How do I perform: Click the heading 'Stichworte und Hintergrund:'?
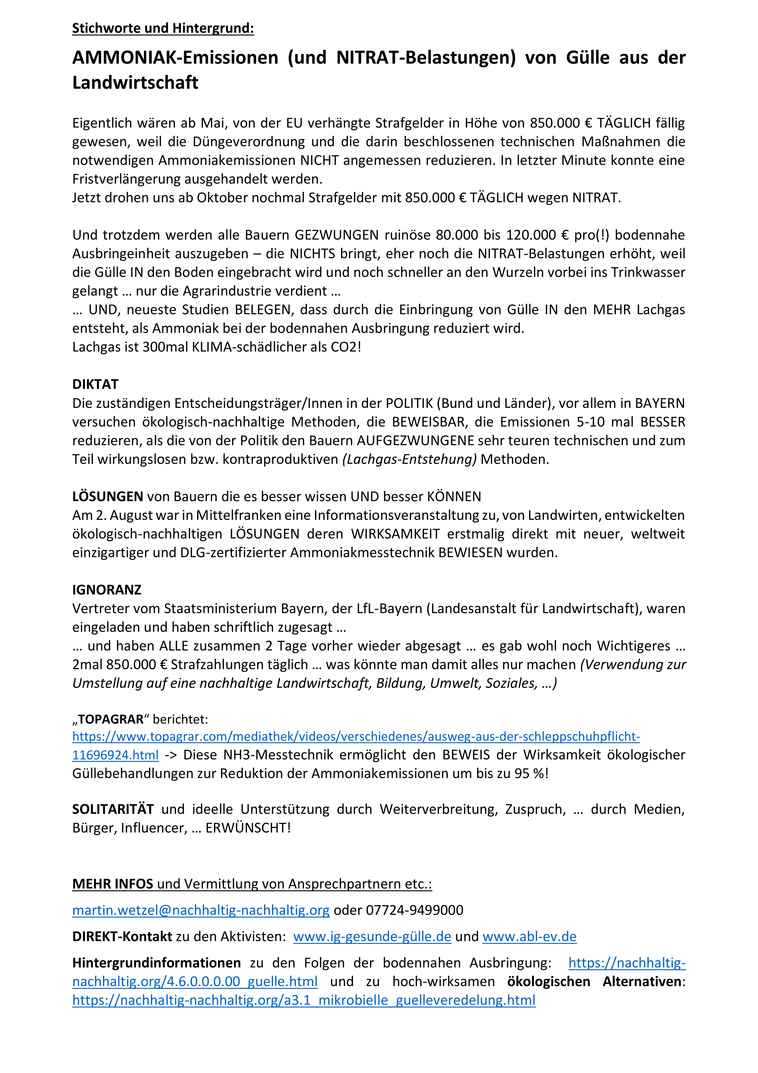pyautogui.click(x=163, y=28)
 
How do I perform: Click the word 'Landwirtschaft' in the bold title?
pyautogui.click(x=135, y=83)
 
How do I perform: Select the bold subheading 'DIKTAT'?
pyautogui.click(x=95, y=384)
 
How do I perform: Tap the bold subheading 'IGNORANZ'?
pyautogui.click(x=106, y=590)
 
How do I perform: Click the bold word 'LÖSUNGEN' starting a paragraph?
pyautogui.click(x=107, y=496)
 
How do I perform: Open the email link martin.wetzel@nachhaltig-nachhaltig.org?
pyautogui.click(x=201, y=910)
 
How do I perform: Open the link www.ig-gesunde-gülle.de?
pyautogui.click(x=372, y=937)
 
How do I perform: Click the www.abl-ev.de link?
pyautogui.click(x=530, y=937)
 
